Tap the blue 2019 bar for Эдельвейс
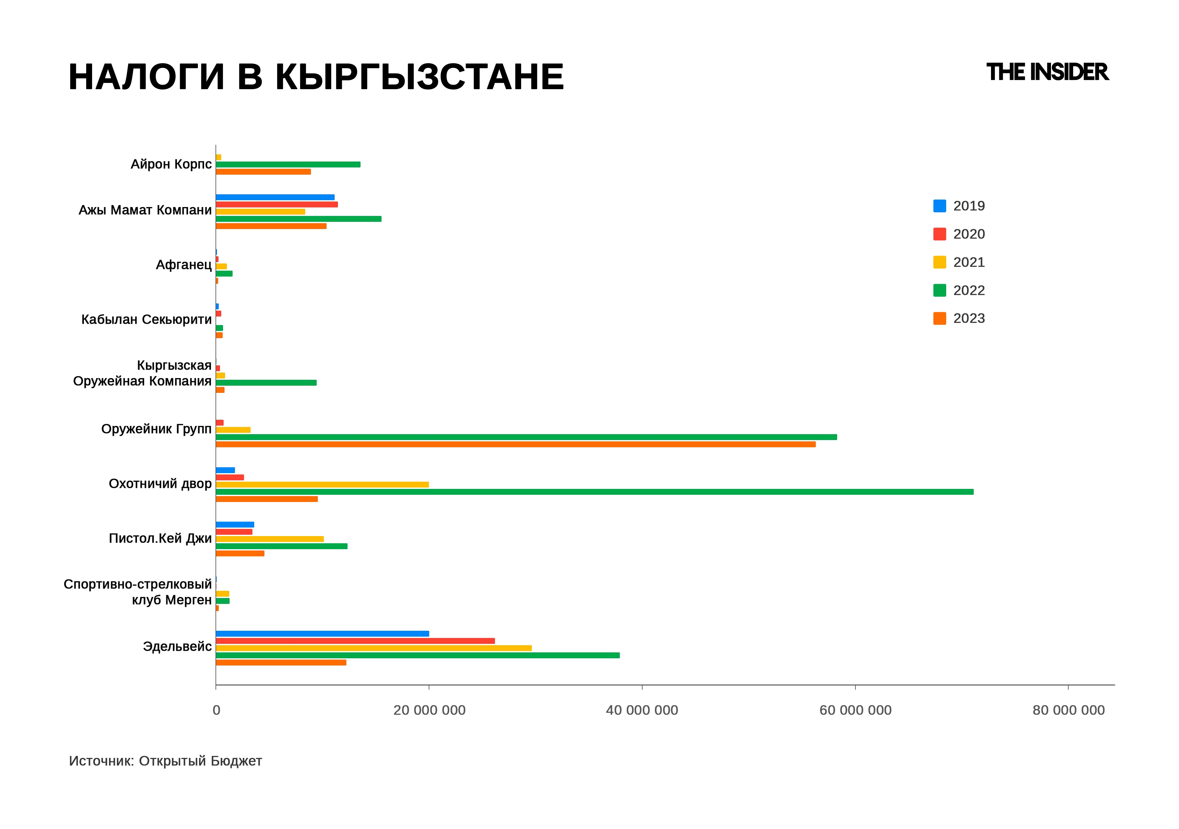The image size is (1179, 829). (322, 634)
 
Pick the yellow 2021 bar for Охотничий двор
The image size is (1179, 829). (322, 484)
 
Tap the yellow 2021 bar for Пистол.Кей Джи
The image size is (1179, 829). (270, 539)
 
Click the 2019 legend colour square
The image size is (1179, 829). (939, 206)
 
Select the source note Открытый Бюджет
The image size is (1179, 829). (200, 761)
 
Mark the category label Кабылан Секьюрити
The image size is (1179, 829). (146, 319)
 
